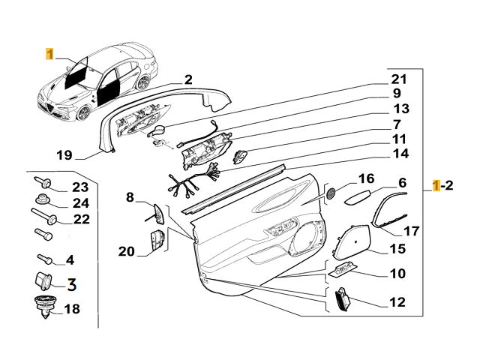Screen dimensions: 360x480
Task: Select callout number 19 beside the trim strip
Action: coord(64,156)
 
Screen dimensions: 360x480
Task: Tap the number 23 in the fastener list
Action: coord(79,187)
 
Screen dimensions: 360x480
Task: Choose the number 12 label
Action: coord(397,302)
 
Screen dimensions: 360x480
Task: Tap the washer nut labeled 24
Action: coord(42,200)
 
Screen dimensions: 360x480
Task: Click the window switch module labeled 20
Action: coord(157,244)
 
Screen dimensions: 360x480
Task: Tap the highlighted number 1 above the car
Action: coord(49,54)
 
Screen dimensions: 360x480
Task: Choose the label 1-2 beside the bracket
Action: coord(444,186)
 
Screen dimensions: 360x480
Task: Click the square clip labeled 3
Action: coord(42,283)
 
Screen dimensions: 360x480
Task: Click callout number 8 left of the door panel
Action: coord(130,197)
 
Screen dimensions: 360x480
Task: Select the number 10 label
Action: coord(397,274)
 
